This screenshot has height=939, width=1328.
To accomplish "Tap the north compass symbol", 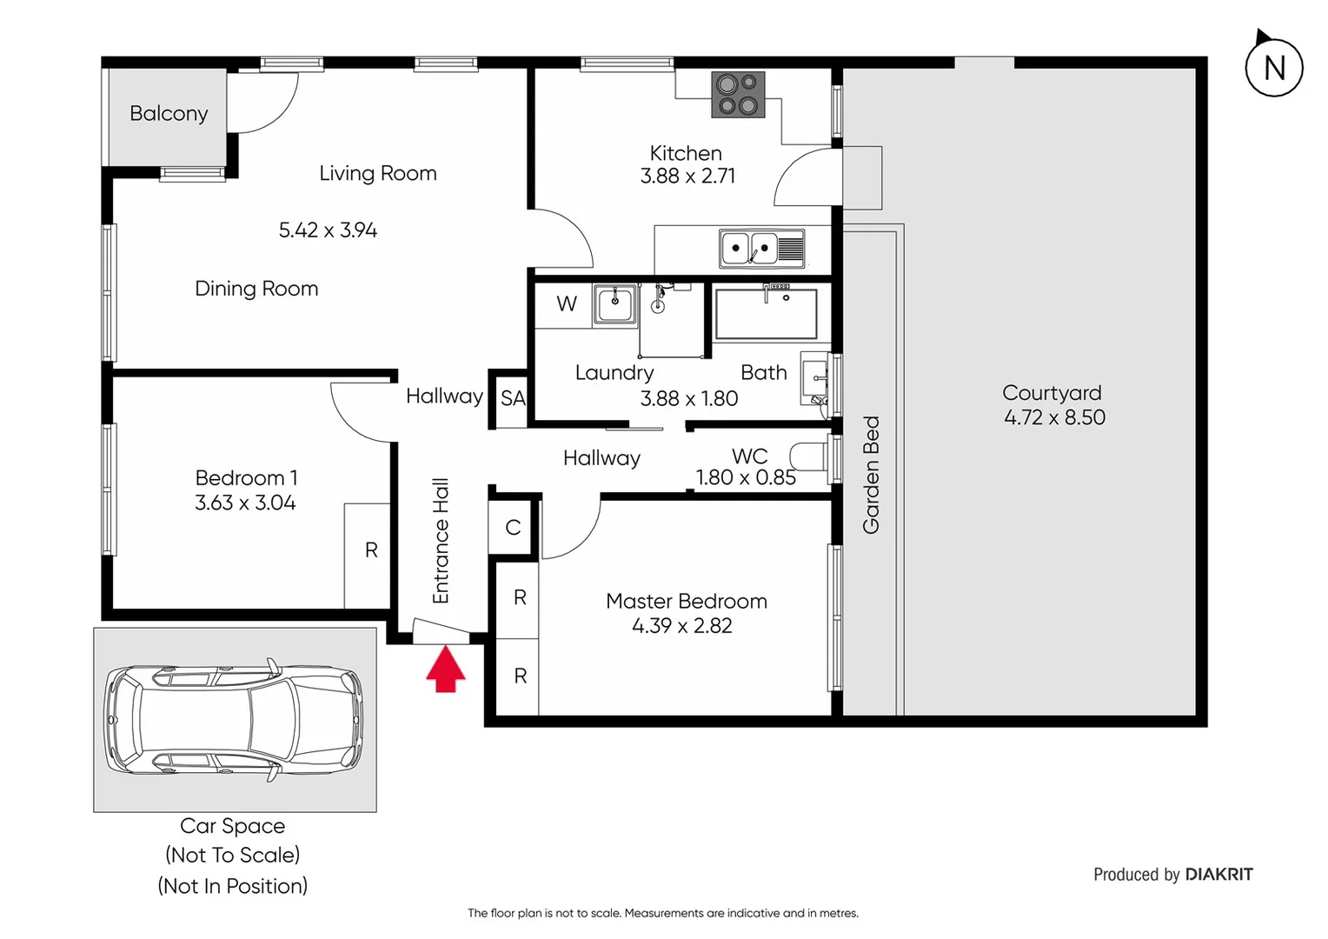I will click(1273, 67).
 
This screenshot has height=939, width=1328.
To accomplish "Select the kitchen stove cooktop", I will click(738, 95).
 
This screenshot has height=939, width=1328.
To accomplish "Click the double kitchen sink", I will click(761, 249).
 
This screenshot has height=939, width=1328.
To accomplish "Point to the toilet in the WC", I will click(807, 456).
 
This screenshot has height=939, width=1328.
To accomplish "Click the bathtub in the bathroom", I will click(765, 314).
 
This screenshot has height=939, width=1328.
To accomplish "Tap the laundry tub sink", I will click(615, 305).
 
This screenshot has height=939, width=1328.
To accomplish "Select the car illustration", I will click(234, 720).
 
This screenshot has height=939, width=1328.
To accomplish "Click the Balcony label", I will click(169, 114).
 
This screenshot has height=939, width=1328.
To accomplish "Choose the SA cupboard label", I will click(513, 398).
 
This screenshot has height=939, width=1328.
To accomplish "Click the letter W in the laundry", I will click(567, 304).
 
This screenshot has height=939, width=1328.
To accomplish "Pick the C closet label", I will click(513, 528).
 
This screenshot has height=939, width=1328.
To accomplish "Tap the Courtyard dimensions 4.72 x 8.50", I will click(1054, 417).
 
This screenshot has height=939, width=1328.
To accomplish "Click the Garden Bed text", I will click(871, 475).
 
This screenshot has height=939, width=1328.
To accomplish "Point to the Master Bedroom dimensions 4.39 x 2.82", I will click(682, 626).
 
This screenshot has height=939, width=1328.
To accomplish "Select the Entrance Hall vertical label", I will click(441, 541).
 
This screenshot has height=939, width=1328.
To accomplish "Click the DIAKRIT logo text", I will click(1218, 875).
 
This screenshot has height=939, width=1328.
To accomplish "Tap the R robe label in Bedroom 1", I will click(371, 550).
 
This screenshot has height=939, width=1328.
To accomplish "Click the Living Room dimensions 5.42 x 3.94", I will click(328, 230).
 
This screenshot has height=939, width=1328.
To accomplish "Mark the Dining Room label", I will click(256, 289).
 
